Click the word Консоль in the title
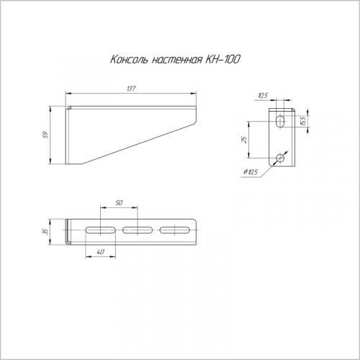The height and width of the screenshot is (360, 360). pos(128,60)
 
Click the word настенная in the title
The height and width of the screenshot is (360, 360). pos(176,60)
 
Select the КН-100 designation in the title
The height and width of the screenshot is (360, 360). pos(222,59)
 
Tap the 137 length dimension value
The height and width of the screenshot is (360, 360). pos(131,89)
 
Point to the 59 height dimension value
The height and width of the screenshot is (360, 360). pos(45,135)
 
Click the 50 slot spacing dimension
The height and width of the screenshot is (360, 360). pos(119,203)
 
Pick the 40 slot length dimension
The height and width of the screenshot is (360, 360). pos(101,252)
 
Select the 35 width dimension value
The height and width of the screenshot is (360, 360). pos(45,232)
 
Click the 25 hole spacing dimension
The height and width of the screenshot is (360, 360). pos(244,140)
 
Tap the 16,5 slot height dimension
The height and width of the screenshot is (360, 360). pos(302,121)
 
